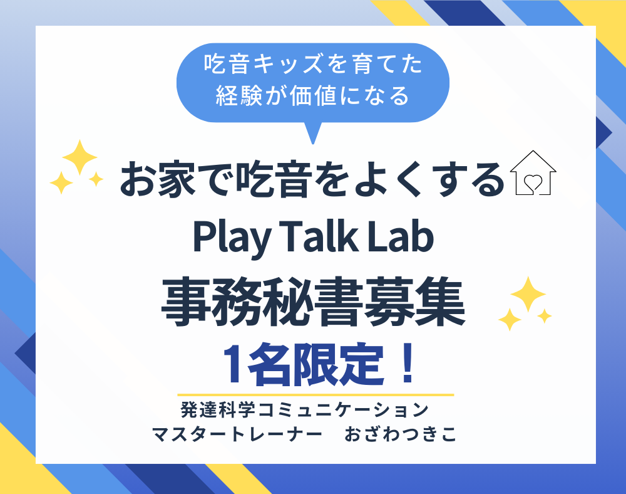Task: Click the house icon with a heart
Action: [533, 172]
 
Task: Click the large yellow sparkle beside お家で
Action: [80, 157]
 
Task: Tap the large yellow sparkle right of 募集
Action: [528, 294]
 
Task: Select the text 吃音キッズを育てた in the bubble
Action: [313, 64]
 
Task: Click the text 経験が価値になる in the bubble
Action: [313, 96]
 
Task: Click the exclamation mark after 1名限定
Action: [408, 364]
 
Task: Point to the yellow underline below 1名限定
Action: [316, 395]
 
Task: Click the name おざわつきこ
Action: [401, 434]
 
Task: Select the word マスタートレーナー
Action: [237, 434]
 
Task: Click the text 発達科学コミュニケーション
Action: [305, 409]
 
